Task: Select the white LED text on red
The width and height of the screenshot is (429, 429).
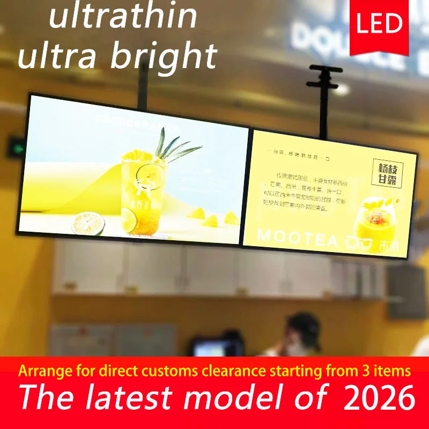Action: [379, 24]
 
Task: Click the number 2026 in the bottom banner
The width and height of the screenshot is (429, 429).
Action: [379, 398]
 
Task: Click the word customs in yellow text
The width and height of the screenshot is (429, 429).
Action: [175, 371]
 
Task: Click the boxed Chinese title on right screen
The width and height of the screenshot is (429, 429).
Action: [387, 174]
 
